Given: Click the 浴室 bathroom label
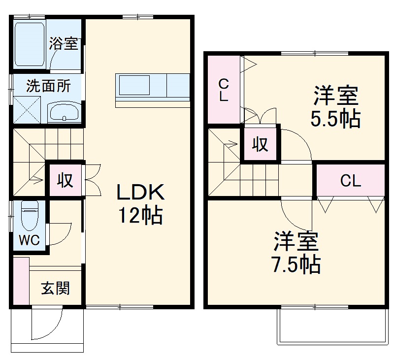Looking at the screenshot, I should tap(63, 43).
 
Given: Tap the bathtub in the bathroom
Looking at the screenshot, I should tap(30, 43).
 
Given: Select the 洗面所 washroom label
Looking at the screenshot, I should tap(48, 86).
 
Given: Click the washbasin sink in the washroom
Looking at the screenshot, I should tap(64, 112).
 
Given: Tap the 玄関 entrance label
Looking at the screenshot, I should tap(55, 288).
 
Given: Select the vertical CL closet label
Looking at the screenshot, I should tap(224, 90).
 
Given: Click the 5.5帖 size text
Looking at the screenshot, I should tap(335, 119).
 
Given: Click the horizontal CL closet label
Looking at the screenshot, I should tap(350, 181).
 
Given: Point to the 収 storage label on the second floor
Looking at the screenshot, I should tap(260, 144).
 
